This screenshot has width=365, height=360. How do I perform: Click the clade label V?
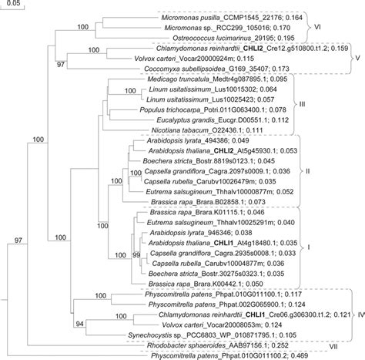tap(357, 57)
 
